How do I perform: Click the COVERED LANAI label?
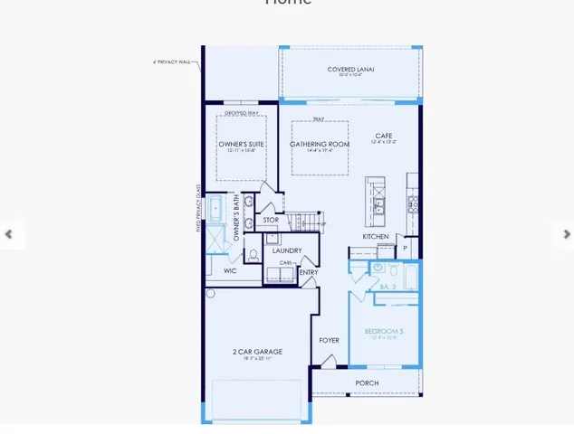[351, 70]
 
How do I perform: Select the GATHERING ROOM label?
[320, 145]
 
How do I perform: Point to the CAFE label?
[384, 136]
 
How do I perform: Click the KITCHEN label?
[376, 236]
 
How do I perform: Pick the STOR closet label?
[272, 220]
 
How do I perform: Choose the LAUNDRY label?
[287, 250]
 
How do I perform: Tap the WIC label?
[231, 270]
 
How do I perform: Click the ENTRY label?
[309, 272]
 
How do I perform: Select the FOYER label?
[329, 340]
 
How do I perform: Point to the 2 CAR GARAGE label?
[257, 352]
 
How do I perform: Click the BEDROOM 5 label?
[384, 332]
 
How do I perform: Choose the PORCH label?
[367, 383]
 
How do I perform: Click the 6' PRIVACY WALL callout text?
[172, 62]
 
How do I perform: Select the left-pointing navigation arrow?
[9, 234]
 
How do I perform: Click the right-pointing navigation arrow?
[567, 234]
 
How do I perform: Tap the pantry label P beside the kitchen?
[405, 246]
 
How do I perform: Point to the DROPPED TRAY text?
[241, 113]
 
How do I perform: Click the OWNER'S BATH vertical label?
[236, 217]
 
